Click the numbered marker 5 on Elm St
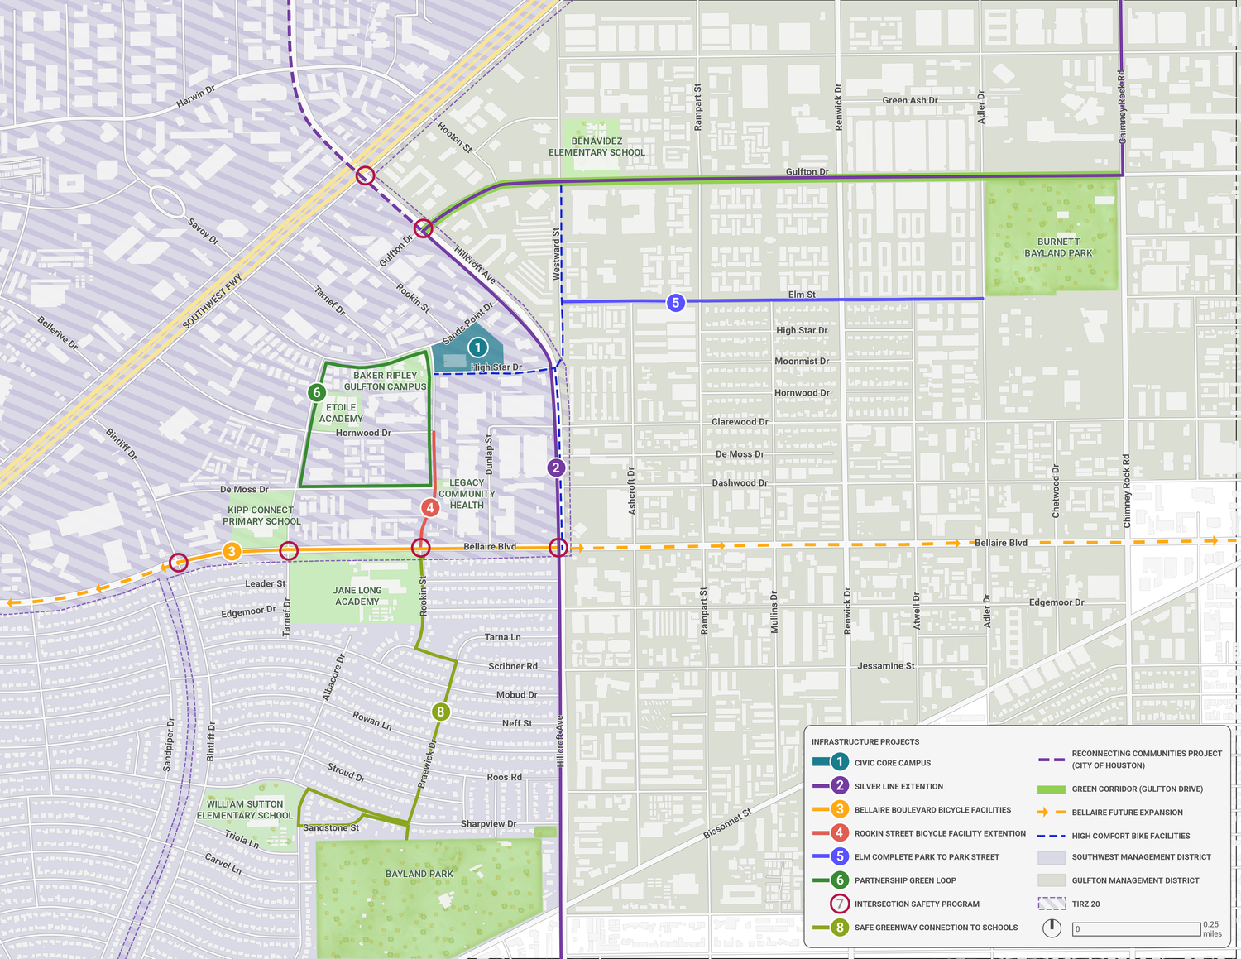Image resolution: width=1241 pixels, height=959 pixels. (675, 303)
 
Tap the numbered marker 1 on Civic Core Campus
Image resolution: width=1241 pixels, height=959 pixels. (477, 348)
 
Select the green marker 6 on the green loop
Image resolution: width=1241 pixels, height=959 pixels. (316, 392)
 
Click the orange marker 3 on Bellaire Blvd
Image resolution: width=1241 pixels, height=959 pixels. (232, 552)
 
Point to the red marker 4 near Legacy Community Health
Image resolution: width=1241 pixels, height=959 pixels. (429, 508)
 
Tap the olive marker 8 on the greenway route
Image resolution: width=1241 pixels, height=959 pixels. (440, 712)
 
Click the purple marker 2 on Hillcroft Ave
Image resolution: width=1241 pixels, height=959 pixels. (556, 468)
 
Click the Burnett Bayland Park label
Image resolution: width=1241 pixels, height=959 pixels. (1058, 247)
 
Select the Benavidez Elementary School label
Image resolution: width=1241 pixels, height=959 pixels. (596, 146)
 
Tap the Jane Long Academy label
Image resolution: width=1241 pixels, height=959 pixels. (357, 596)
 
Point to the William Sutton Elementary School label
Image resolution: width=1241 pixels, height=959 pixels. (245, 809)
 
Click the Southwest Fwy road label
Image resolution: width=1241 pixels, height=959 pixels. (212, 301)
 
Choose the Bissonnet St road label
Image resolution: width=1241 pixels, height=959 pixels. (727, 824)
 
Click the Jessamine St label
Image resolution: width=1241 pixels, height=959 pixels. (885, 666)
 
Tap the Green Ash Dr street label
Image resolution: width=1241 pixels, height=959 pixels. (909, 100)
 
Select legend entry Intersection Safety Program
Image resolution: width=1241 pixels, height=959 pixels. (917, 904)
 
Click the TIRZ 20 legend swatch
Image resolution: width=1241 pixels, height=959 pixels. (1051, 904)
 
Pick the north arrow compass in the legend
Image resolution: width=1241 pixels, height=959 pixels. (1052, 928)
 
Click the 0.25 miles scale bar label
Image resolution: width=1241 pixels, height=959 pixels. (1211, 928)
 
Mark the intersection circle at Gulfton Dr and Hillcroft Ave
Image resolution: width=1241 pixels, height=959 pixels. (424, 228)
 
